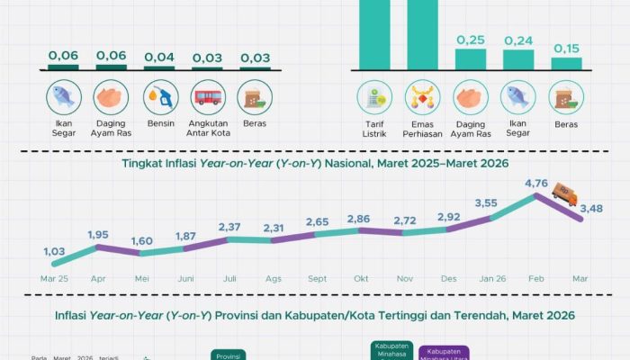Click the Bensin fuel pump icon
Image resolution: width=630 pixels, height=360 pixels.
click(x=159, y=97)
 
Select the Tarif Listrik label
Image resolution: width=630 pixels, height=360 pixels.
click(x=373, y=129)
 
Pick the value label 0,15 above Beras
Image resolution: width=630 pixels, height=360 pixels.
click(x=566, y=48)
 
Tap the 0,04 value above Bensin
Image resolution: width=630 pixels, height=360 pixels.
click(x=159, y=57)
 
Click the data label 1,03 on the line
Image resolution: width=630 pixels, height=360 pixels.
click(x=55, y=251)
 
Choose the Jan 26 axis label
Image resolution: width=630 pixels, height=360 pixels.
click(x=486, y=278)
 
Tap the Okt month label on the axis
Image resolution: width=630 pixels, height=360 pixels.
click(x=361, y=278)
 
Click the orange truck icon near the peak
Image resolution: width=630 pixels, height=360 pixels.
click(x=564, y=192)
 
